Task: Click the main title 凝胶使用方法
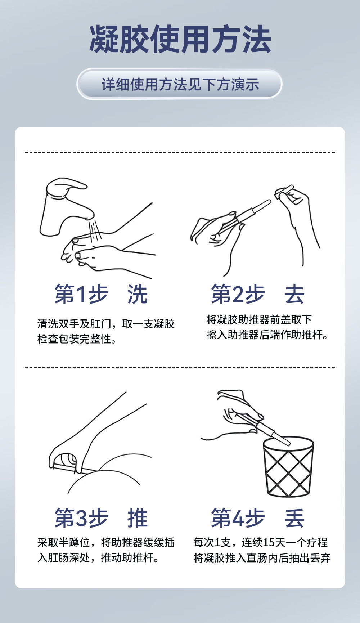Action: pos(180,40)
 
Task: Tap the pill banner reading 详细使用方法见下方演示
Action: pos(180,84)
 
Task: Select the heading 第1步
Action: pos(81,294)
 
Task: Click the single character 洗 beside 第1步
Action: pos(138,294)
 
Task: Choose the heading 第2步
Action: pos(238,294)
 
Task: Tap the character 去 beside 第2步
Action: pos(294,294)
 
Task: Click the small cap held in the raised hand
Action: pos(284,192)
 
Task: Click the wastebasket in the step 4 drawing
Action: pos(288,467)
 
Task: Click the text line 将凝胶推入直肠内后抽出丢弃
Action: pos(262,558)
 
